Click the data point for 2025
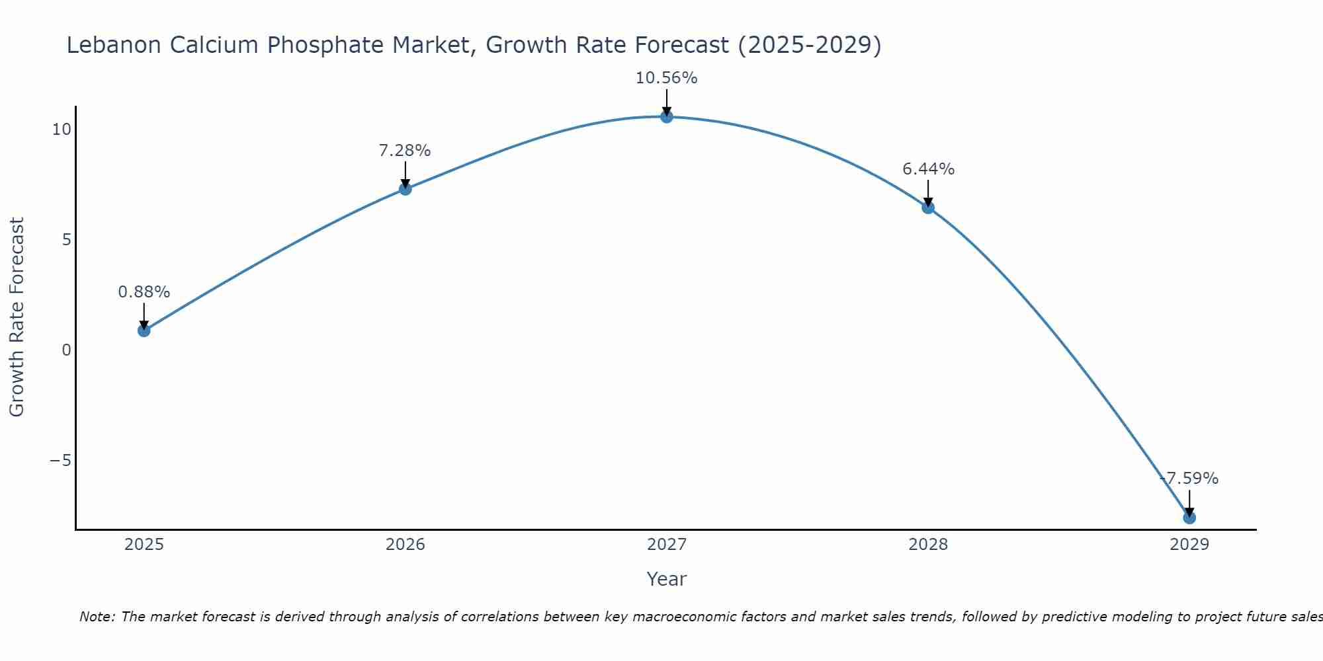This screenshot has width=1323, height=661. click(144, 330)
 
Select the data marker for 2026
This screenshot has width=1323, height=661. click(405, 189)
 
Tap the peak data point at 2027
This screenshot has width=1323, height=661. click(666, 117)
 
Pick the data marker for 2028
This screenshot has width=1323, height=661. click(927, 208)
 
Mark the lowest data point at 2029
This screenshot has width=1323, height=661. click(1189, 518)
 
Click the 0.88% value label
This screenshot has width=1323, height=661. click(144, 292)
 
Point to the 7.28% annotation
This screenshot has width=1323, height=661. click(405, 151)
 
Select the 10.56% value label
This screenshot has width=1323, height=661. click(666, 78)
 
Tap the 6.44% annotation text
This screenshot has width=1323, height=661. click(928, 169)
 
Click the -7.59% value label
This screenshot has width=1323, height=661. click(1189, 479)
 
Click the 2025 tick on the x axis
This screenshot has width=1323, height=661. click(144, 545)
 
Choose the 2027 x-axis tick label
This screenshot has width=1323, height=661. click(666, 545)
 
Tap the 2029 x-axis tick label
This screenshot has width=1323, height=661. click(1189, 545)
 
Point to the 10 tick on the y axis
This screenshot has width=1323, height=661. click(62, 130)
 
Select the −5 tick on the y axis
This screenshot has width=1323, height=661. click(60, 461)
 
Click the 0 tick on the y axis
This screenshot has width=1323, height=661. click(66, 350)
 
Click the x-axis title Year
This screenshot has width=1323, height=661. click(666, 579)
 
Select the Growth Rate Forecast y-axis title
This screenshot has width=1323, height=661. click(17, 317)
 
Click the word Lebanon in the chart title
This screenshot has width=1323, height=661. click(114, 46)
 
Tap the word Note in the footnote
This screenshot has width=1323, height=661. click(97, 617)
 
